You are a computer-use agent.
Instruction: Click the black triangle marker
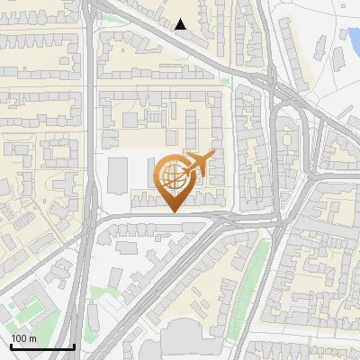click(181, 24)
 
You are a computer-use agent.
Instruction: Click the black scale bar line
click(42, 346)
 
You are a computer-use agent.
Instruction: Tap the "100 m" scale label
click(24, 338)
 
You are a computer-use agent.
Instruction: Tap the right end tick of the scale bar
click(74, 345)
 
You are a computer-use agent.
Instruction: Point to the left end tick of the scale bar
click(10, 345)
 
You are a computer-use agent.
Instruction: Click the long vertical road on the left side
click(91, 135)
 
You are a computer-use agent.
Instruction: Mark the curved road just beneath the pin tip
click(162, 217)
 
